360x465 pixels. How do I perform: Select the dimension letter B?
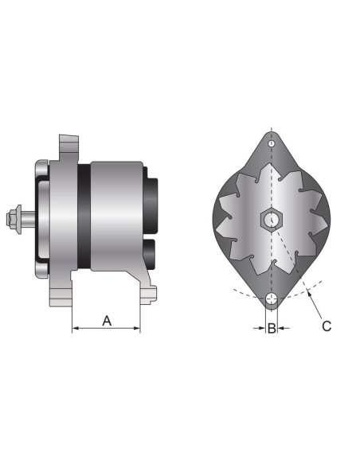[272, 327]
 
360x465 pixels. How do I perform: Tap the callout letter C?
[327, 325]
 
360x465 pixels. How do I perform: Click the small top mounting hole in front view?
[272, 144]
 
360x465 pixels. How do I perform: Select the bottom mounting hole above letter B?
[272, 301]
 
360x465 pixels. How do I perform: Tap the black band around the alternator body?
[83, 216]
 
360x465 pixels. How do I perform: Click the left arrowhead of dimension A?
[75, 328]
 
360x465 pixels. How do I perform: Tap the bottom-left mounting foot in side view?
[59, 299]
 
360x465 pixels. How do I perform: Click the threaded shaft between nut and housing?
[28, 216]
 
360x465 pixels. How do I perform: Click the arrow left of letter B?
[260, 327]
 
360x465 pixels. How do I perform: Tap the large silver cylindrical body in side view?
[115, 216]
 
